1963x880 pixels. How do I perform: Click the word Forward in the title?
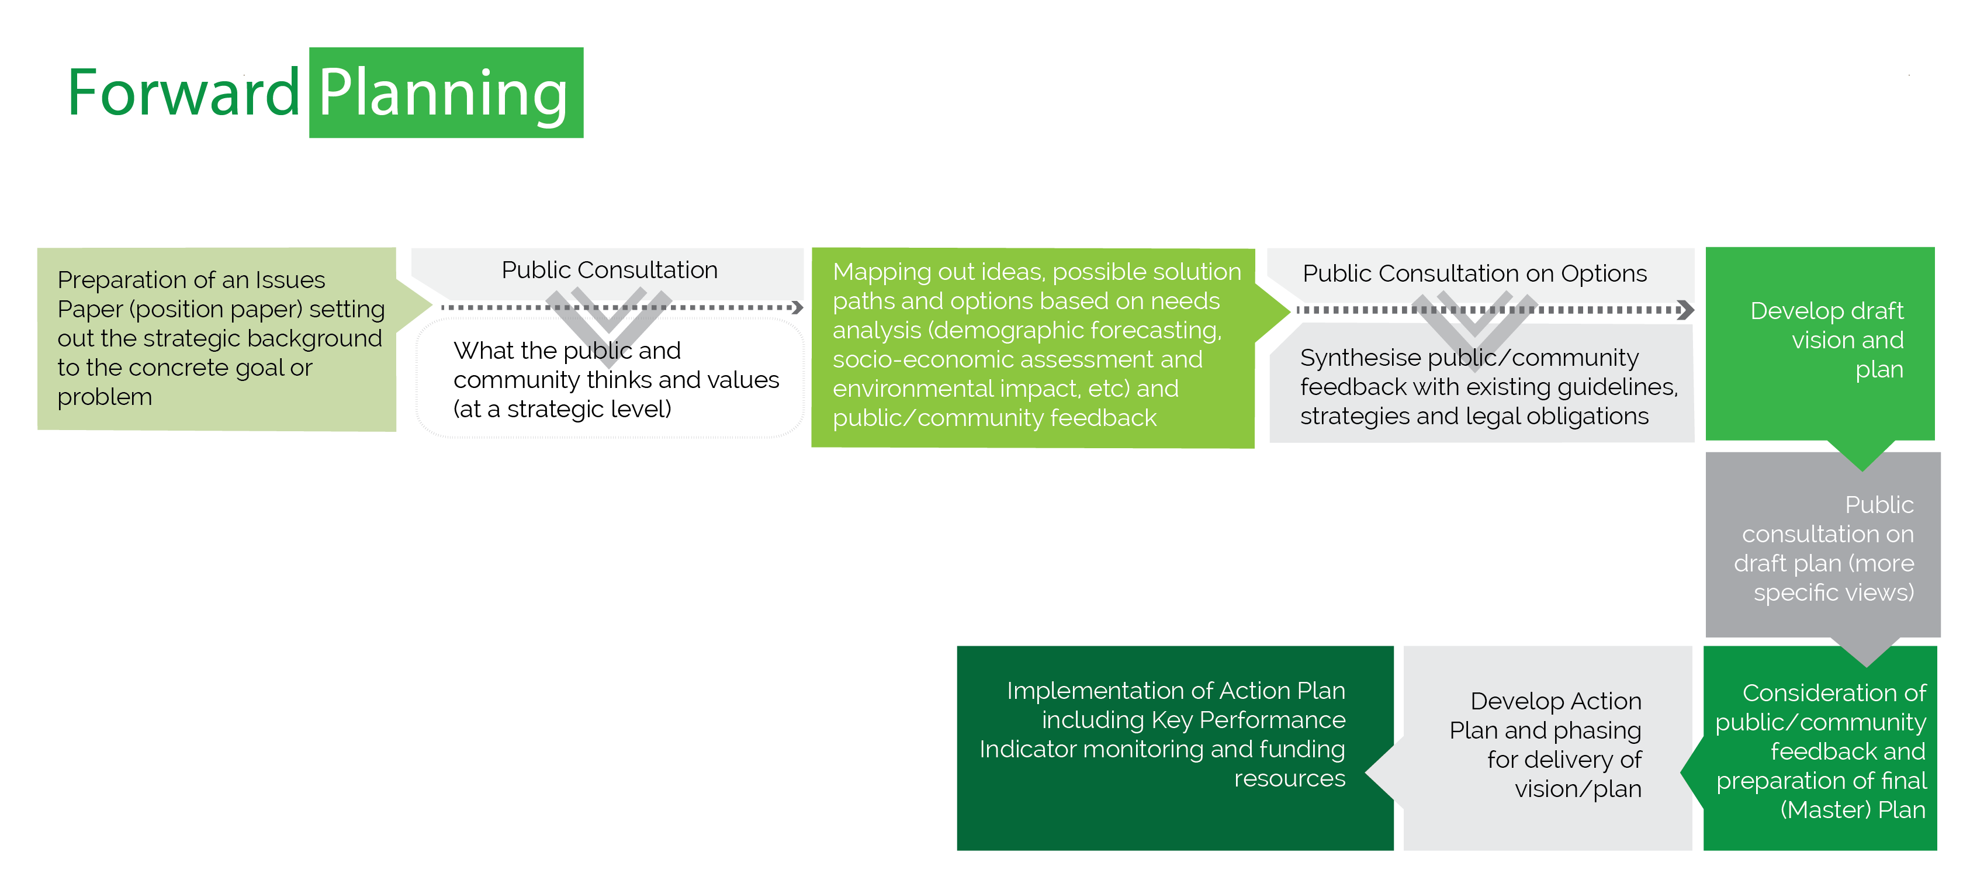click(183, 93)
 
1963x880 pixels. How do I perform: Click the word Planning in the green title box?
click(444, 93)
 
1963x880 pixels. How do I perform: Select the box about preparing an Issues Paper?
click(217, 338)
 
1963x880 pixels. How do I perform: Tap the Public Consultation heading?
click(609, 270)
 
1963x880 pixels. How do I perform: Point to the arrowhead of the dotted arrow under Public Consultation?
click(797, 308)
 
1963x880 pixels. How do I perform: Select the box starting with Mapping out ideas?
click(1033, 347)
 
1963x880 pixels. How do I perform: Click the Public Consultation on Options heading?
click(1474, 273)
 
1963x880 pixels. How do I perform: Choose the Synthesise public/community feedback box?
click(1481, 387)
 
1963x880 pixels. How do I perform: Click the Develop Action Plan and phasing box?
click(1547, 745)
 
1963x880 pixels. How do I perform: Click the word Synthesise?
click(1359, 358)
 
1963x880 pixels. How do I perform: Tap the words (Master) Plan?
click(1853, 809)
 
